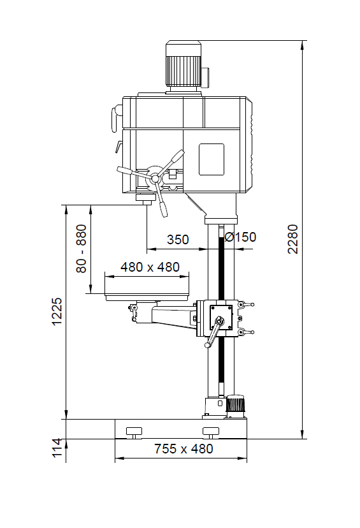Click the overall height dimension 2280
point(292,238)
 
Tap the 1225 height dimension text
point(57,311)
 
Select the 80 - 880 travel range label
point(82,249)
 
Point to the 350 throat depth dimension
point(178,240)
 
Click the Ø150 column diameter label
point(240,237)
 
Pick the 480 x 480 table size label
point(150,267)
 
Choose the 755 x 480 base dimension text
point(184,449)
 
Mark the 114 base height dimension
point(57,448)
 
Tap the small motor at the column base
point(235,406)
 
